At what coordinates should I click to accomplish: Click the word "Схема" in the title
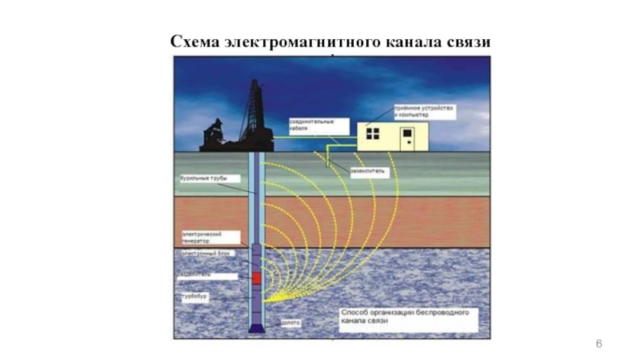pos(194,41)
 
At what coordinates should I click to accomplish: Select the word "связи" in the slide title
pos(467,41)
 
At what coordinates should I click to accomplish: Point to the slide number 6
pos(598,343)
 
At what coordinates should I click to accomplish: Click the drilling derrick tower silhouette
pos(255,112)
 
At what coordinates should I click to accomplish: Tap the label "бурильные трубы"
pos(199,179)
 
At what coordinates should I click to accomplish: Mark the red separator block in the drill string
pos(256,278)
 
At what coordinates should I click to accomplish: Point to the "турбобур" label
pos(192,295)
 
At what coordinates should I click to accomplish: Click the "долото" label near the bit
pos(290,323)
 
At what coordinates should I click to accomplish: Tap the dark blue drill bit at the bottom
pos(256,328)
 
